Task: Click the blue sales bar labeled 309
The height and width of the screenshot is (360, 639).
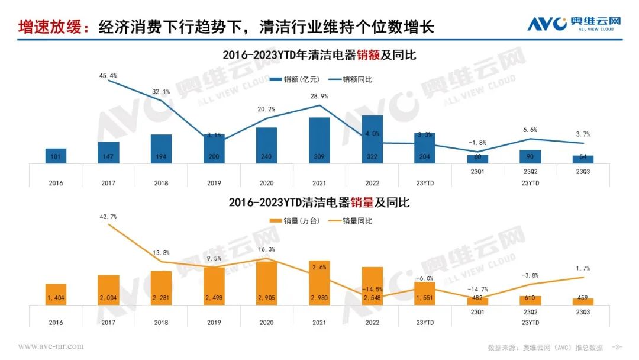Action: pos(319,140)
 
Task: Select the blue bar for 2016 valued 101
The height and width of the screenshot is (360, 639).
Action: pos(56,156)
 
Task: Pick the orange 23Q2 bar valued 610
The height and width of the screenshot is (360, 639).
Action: pos(530,300)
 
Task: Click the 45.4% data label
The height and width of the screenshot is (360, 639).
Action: pos(108,76)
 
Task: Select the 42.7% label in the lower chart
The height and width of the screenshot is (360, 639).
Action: pos(108,217)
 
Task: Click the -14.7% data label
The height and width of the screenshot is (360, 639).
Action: pos(477,288)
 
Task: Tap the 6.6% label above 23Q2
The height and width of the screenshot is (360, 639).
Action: pos(531,130)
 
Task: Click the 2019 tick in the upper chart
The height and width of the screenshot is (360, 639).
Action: pos(214,183)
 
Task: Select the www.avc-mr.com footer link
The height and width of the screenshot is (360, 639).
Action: pos(51,346)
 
